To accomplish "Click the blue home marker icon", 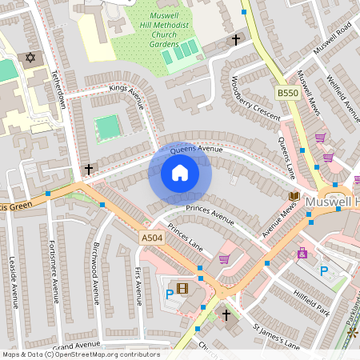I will [180, 173].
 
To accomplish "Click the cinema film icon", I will [183, 288].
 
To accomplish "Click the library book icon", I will [294, 196].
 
